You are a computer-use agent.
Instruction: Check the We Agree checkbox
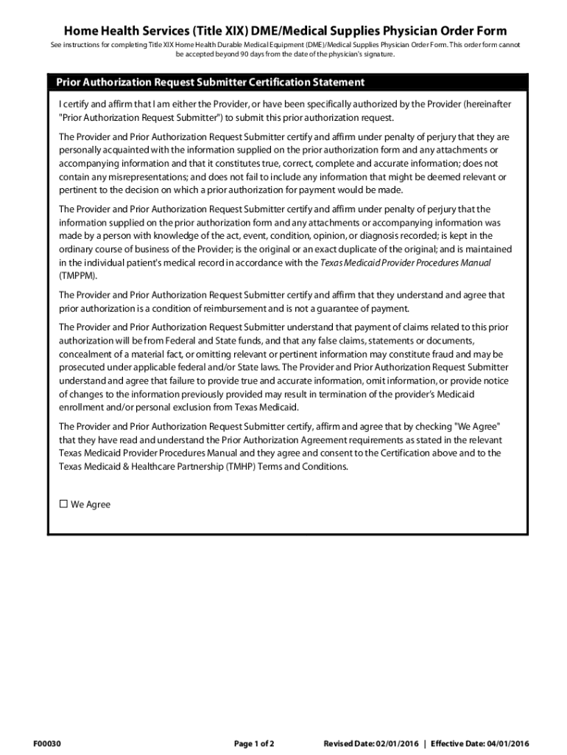point(63,504)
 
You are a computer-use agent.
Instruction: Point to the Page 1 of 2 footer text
point(254,743)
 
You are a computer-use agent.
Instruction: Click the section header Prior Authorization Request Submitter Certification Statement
point(205,82)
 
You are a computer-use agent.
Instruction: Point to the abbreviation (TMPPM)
point(77,275)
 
